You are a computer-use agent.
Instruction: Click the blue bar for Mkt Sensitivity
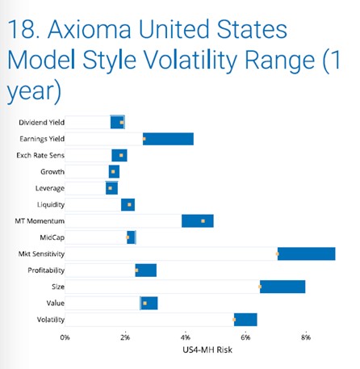click(x=306, y=254)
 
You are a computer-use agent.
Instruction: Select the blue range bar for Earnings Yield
click(x=168, y=139)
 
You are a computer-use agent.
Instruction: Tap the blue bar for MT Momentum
click(x=198, y=221)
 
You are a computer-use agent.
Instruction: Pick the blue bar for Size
click(x=283, y=287)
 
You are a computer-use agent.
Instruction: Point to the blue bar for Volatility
click(x=245, y=320)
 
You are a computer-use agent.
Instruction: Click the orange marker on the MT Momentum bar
click(x=203, y=221)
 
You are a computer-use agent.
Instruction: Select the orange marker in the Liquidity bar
click(x=129, y=204)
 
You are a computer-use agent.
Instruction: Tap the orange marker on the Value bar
click(x=144, y=304)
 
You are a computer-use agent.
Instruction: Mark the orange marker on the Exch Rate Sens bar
click(x=121, y=155)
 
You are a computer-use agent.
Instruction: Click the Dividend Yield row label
click(x=41, y=123)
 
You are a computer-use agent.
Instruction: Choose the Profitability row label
click(x=46, y=270)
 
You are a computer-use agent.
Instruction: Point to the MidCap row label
click(x=52, y=237)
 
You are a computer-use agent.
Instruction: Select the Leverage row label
click(x=50, y=188)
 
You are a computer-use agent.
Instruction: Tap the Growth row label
click(x=52, y=172)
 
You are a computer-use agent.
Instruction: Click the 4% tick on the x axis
click(x=186, y=338)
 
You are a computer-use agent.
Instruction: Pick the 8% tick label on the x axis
click(x=306, y=338)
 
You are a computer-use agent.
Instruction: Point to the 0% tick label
click(x=65, y=338)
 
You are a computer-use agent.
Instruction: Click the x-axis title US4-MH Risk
click(x=207, y=350)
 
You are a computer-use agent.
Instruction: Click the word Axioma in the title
click(x=90, y=29)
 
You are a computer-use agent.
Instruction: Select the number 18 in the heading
click(x=22, y=29)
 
